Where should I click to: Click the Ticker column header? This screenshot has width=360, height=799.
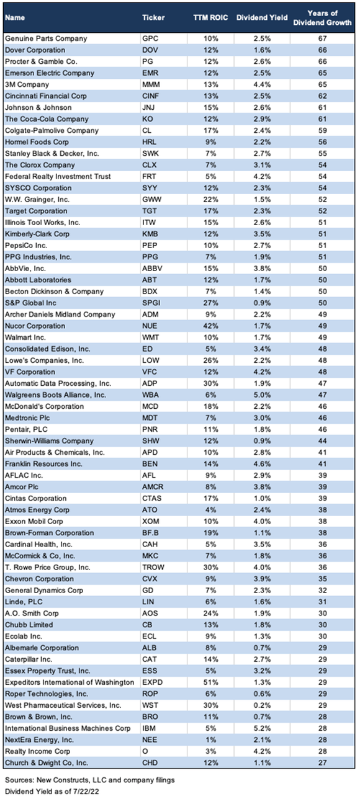tap(153, 18)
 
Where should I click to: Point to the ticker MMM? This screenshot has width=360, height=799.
tap(151, 84)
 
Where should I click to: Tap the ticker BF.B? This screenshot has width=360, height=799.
tap(151, 532)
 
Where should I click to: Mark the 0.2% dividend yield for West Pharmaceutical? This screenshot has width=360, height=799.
tap(261, 705)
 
